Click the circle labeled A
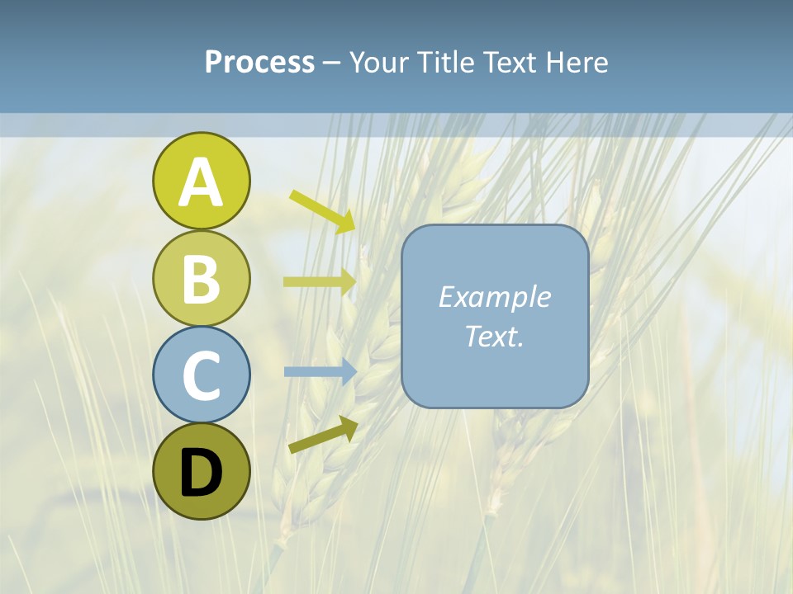click(201, 181)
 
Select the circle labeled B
click(201, 278)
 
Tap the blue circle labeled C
click(201, 375)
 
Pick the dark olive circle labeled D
click(201, 471)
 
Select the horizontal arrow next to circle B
click(320, 281)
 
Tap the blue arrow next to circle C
click(320, 371)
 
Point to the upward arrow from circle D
click(323, 435)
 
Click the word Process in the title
click(259, 63)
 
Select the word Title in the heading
click(444, 63)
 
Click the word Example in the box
click(494, 297)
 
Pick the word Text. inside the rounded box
click(494, 336)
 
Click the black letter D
click(201, 473)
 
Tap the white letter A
click(201, 182)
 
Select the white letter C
click(201, 376)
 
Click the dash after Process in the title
click(331, 64)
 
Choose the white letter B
click(201, 280)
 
